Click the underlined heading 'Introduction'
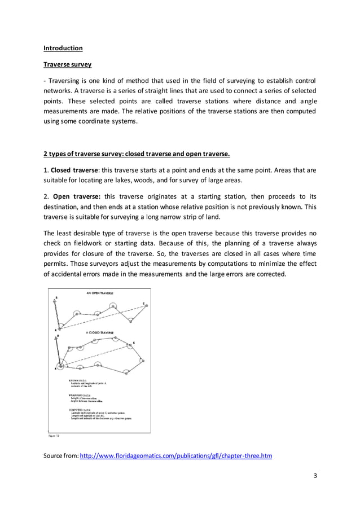point(63,48)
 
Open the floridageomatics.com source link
point(176,455)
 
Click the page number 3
point(315,476)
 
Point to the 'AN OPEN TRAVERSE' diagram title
point(99,293)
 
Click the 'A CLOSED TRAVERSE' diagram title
point(99,333)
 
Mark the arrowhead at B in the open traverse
point(55,300)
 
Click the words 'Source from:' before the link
point(62,455)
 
